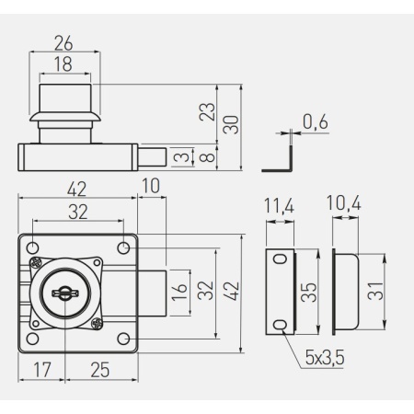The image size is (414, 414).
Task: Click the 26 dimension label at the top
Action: coord(63,43)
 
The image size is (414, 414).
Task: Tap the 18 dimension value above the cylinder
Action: coord(63,64)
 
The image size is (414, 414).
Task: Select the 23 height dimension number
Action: coord(207,111)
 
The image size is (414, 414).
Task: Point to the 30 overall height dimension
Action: coord(231,125)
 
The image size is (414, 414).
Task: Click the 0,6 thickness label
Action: coord(316,121)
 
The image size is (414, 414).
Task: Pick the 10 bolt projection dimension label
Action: coord(151,186)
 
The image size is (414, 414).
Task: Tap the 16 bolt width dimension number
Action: coord(179,293)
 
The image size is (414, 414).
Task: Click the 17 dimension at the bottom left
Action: coord(42,370)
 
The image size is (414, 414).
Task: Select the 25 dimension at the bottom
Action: coord(100,370)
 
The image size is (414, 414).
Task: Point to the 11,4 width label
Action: coord(279,206)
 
